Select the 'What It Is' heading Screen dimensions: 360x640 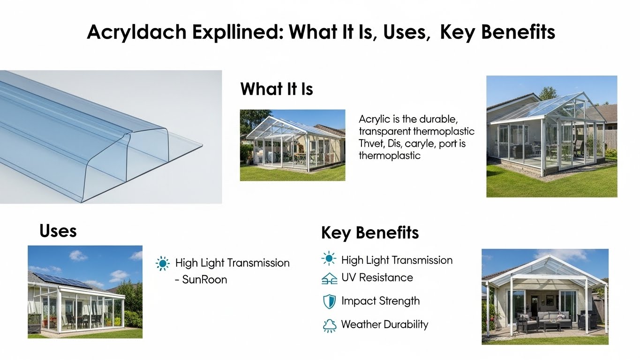point(276,89)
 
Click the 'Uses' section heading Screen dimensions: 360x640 point(58,231)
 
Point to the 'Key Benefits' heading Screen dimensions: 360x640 point(369,232)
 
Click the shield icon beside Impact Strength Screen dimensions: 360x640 point(330,301)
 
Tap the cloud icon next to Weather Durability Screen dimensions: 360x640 point(330,325)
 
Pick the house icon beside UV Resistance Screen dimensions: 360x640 point(330,278)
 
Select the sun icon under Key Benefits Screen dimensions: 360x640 point(329,259)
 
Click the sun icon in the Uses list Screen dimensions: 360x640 point(163,263)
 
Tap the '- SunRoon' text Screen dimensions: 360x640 point(201,280)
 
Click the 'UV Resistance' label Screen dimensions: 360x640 point(377,277)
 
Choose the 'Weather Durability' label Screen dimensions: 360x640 point(384,324)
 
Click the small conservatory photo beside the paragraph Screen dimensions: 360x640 point(292,145)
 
